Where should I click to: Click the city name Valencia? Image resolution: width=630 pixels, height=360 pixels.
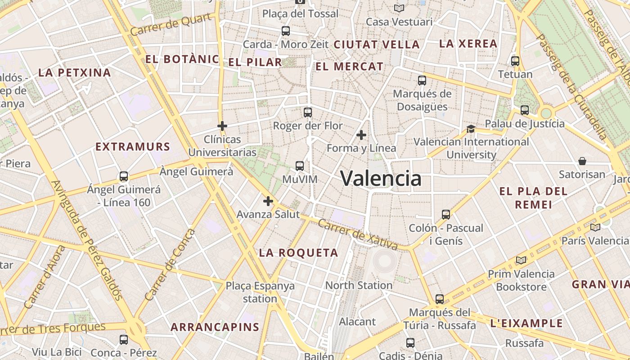[x=381, y=179]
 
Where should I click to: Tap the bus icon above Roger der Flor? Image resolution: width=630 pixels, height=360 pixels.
[x=308, y=112]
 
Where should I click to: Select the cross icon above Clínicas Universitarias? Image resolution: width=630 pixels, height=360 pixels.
[x=222, y=126]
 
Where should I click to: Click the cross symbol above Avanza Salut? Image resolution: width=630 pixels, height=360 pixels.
[x=268, y=201]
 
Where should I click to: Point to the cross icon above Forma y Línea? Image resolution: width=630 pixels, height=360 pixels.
[x=361, y=135]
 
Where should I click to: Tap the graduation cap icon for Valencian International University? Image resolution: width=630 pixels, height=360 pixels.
[x=471, y=129]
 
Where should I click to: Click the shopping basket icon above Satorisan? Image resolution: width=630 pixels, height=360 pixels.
[x=582, y=161]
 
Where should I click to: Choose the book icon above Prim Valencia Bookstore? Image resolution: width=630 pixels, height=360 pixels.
[x=521, y=260]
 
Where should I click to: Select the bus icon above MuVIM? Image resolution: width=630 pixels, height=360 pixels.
[x=300, y=166]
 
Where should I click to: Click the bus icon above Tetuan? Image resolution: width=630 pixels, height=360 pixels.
[x=515, y=61]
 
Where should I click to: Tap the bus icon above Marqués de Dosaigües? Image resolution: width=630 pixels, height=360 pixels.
[x=422, y=81]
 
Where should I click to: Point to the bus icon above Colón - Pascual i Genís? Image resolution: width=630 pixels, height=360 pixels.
[x=445, y=214]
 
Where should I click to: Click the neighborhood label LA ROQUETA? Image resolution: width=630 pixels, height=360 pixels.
[x=298, y=253]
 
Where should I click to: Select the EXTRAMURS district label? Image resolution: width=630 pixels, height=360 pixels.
[x=133, y=147]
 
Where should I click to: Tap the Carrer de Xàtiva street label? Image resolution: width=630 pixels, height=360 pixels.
[x=358, y=234]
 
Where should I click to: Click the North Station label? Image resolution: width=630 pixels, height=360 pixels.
[x=359, y=285]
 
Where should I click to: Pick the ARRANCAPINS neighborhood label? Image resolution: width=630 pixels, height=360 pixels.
[x=215, y=327]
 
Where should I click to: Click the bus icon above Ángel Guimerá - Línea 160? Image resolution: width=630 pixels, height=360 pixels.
[x=124, y=176]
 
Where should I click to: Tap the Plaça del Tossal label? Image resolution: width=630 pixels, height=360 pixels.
[x=300, y=14]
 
